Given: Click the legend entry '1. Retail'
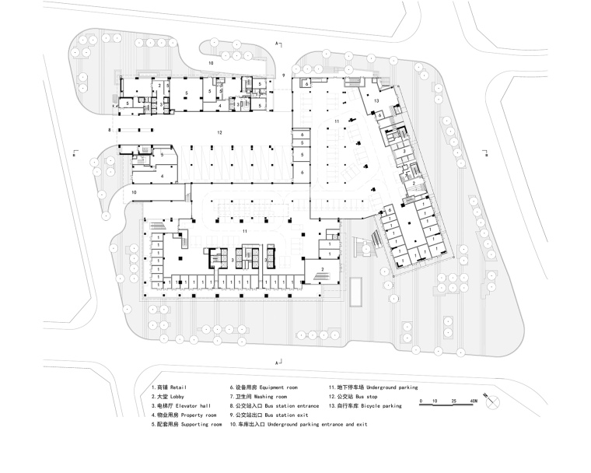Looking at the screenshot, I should click(x=170, y=387).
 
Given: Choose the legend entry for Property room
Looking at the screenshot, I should click(x=178, y=415).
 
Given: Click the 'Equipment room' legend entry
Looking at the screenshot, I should click(x=263, y=387).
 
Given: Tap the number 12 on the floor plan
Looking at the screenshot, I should click(x=220, y=133).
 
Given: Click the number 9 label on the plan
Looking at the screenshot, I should click(x=284, y=75).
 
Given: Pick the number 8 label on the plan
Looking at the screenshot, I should click(x=110, y=128).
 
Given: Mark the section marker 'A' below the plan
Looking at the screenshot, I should click(x=276, y=363).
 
